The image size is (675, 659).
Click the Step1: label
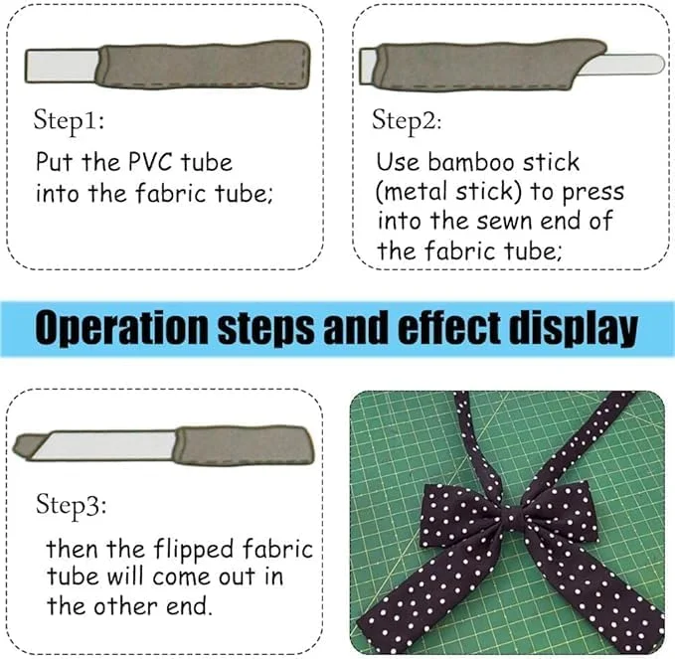pos(69,120)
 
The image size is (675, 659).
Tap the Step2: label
pos(407,120)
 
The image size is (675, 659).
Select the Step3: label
pos(71,504)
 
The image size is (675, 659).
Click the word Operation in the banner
pos(121,328)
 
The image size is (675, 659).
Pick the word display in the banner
pos(573,328)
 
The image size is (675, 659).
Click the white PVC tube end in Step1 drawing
pos(63,66)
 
